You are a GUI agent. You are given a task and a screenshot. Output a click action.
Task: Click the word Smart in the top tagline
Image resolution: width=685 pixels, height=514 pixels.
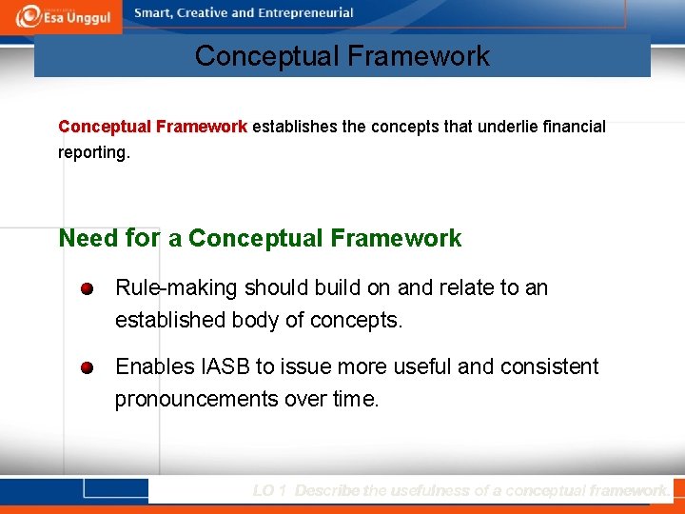coord(153,13)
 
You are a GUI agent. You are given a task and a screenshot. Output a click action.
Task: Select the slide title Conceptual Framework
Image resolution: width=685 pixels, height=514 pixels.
coord(342,56)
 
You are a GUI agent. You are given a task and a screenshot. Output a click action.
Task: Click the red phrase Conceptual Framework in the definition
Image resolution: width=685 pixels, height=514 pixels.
coord(152,127)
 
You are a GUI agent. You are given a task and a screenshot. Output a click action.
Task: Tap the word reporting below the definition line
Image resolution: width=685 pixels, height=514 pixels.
coord(92,152)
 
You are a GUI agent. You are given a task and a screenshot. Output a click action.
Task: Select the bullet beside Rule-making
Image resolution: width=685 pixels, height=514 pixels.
coord(88,288)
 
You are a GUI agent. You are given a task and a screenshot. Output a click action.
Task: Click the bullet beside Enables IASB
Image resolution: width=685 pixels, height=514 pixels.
coord(88,367)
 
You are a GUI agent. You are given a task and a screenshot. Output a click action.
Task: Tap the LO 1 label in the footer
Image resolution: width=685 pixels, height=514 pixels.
coord(270,491)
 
